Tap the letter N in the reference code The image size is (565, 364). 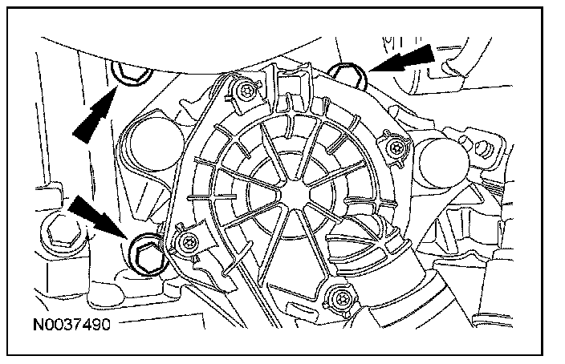(39, 327)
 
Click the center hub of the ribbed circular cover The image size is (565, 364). (285, 192)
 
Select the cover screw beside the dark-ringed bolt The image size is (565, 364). (186, 244)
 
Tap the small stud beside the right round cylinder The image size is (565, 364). (483, 149)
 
